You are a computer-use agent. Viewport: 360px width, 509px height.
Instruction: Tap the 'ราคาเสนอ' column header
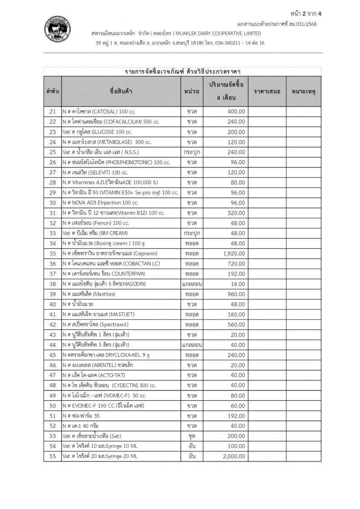coord(267,91)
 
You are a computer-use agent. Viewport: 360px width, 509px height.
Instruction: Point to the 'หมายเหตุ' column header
coord(303,91)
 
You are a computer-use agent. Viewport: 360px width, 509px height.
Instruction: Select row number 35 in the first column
coord(53,253)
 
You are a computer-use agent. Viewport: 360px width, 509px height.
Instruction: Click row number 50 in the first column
coord(53,406)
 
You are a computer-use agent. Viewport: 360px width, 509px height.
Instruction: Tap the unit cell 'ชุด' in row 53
coord(192,436)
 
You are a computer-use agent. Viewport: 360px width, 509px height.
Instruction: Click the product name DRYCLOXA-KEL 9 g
coord(106,355)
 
